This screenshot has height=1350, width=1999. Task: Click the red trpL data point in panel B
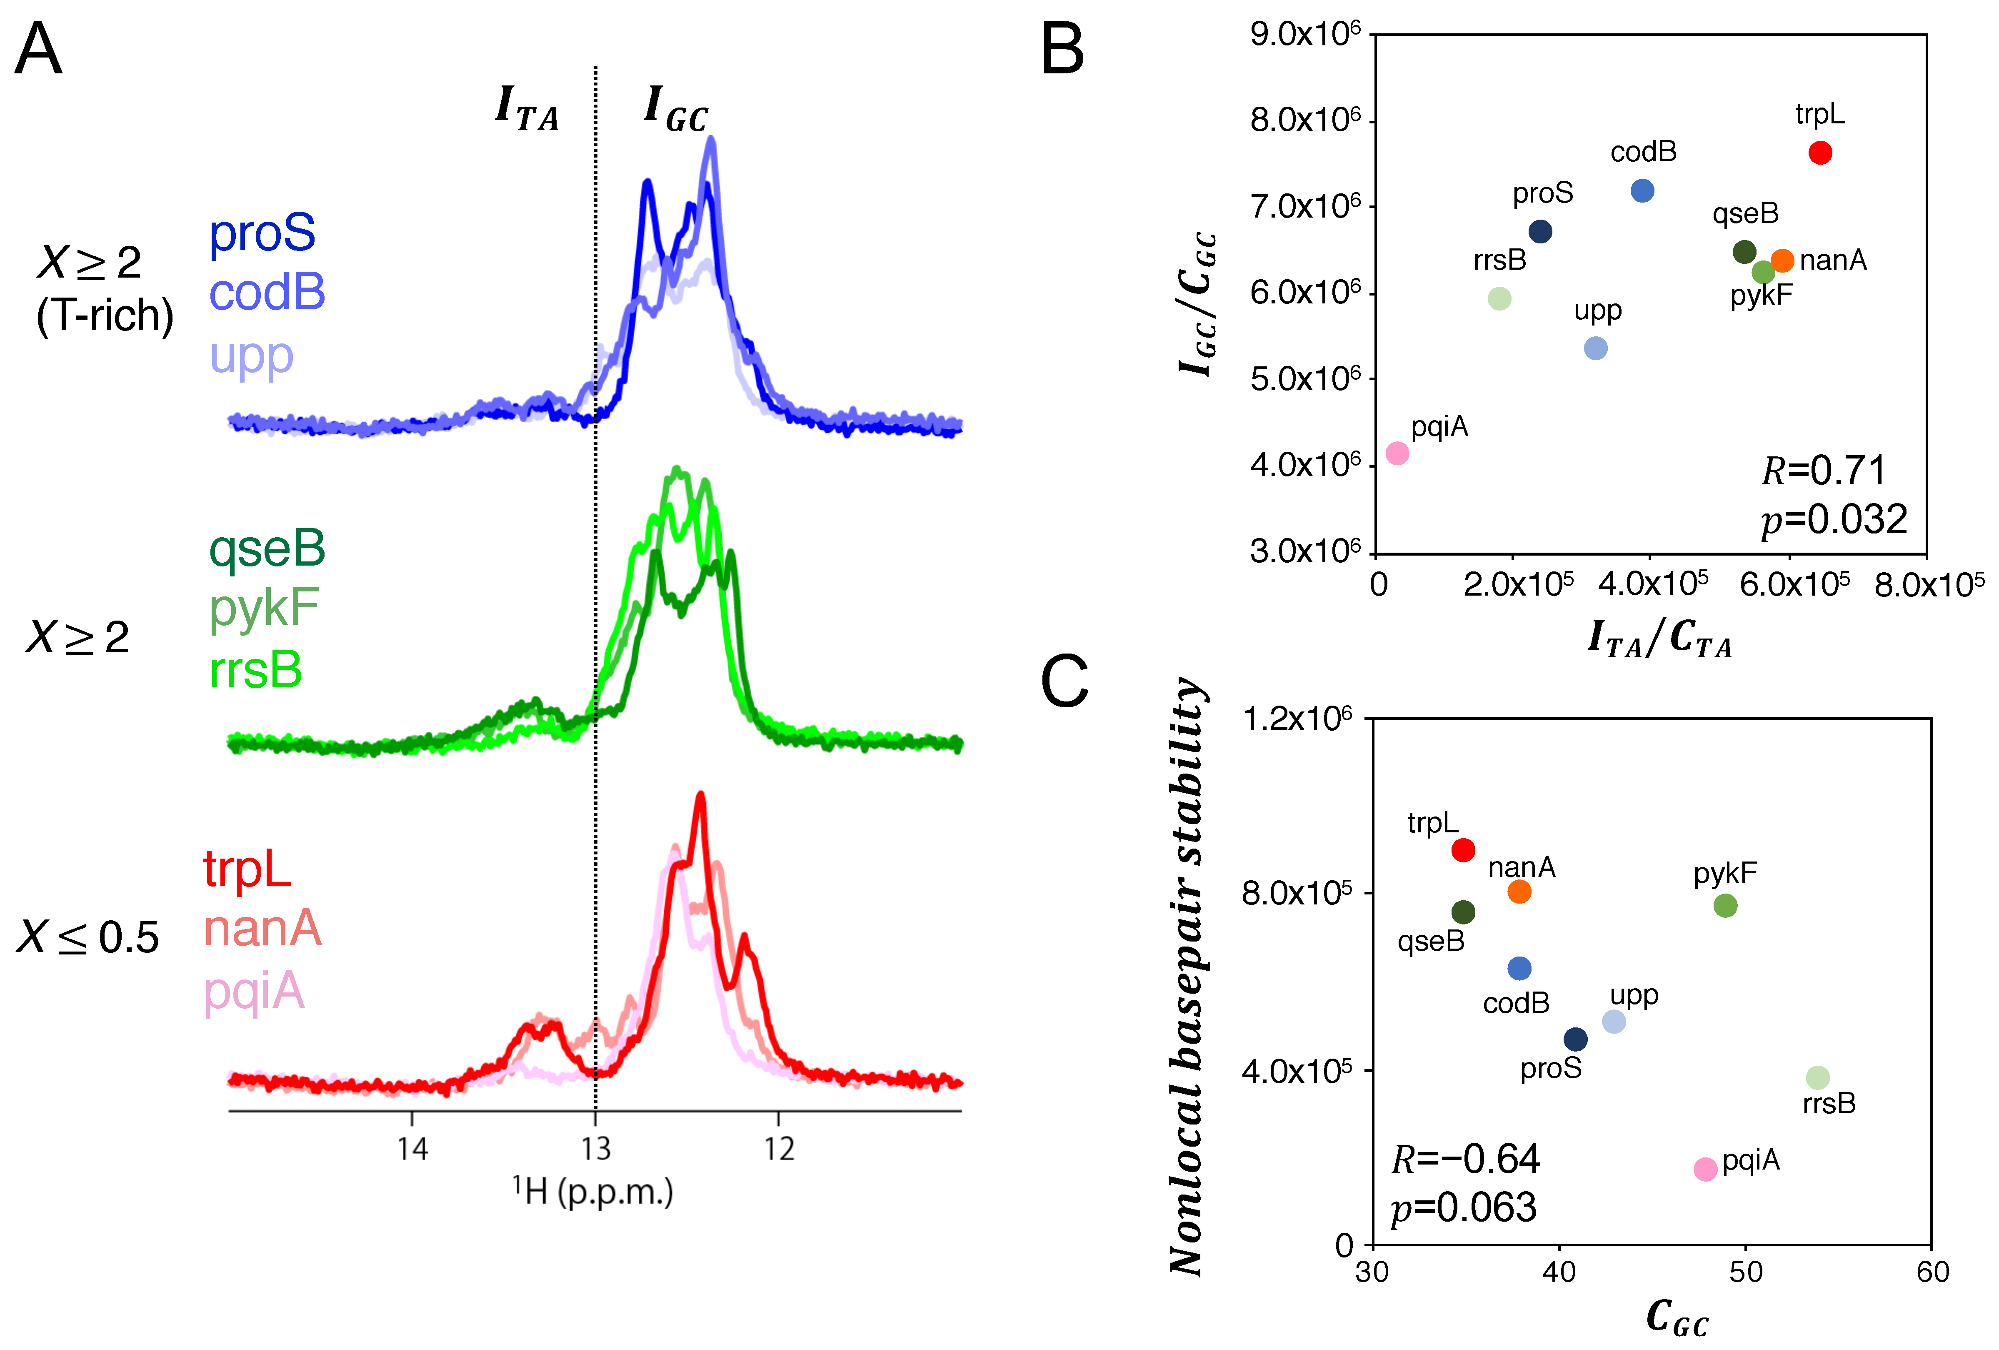point(1820,153)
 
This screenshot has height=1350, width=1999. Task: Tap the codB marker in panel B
point(1642,191)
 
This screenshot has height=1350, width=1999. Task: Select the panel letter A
point(39,50)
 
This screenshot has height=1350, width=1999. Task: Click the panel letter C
point(1065,681)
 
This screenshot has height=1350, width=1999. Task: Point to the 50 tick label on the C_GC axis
point(1746,1272)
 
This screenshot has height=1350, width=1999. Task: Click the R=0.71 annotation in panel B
point(1824,471)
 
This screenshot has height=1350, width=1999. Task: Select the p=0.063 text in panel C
point(1464,1207)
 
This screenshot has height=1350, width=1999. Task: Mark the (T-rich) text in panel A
point(105,316)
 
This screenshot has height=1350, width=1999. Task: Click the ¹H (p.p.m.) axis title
point(594,1192)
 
